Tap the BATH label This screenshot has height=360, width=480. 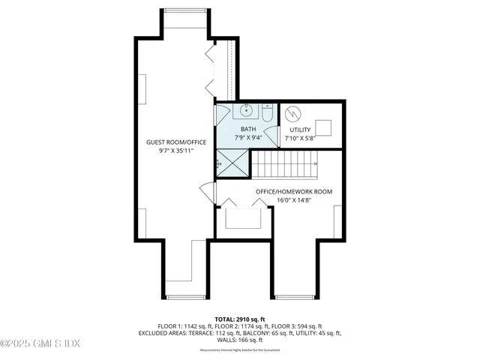pyautogui.click(x=247, y=129)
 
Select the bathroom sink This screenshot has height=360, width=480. pyautogui.click(x=247, y=112)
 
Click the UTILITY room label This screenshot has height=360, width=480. pyautogui.click(x=300, y=130)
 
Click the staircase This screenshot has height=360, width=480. pyautogui.click(x=283, y=161)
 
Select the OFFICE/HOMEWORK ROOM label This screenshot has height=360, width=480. pyautogui.click(x=294, y=191)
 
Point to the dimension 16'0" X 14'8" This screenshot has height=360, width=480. pyautogui.click(x=294, y=200)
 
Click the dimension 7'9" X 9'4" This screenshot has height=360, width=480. pyautogui.click(x=247, y=138)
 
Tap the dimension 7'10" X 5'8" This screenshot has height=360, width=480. pyautogui.click(x=300, y=139)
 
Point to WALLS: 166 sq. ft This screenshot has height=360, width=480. pyautogui.click(x=240, y=340)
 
